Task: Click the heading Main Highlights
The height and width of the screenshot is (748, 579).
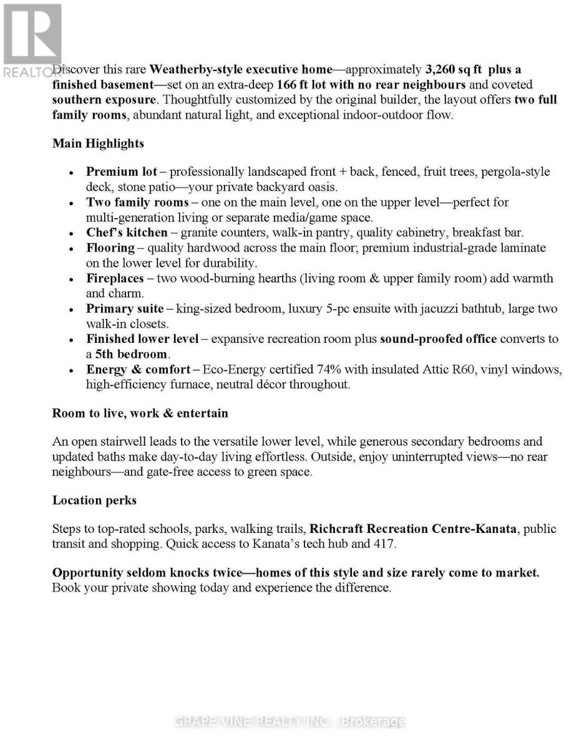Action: point(98,143)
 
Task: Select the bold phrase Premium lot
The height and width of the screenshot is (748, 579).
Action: point(122,171)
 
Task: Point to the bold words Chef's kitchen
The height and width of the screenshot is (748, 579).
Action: point(127,233)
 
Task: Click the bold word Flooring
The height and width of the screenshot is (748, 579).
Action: point(110,247)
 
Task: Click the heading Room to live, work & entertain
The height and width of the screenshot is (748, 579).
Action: point(140,413)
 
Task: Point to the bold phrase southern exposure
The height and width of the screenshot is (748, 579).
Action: point(104,100)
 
